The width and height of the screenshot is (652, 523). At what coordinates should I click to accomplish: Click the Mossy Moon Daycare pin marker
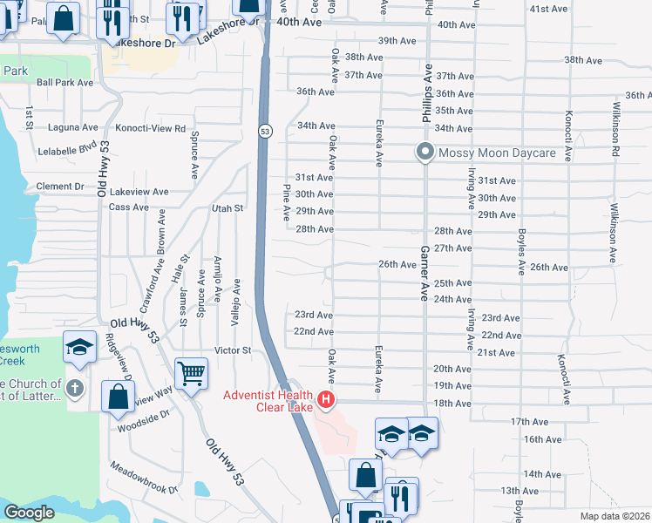(x=425, y=153)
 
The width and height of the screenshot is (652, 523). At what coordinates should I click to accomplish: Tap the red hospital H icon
(x=326, y=400)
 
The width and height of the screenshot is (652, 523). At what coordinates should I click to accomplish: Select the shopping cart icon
(x=191, y=373)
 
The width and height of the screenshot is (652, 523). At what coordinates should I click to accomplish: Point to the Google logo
(x=29, y=513)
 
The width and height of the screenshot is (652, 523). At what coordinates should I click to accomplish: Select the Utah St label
(x=227, y=208)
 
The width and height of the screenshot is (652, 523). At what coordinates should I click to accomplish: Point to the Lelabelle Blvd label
(x=67, y=150)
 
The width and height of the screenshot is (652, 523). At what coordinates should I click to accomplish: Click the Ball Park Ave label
(x=65, y=83)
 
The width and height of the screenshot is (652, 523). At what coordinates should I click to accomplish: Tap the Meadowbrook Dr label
(x=143, y=479)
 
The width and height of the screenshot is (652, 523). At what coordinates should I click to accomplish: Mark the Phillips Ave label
(x=429, y=86)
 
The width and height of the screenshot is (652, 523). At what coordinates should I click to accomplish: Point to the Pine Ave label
(x=286, y=202)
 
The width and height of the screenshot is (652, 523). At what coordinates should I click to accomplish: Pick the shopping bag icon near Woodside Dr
(x=117, y=397)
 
